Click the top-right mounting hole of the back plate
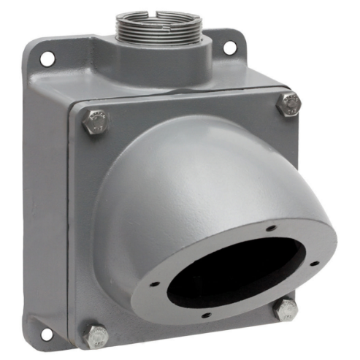coord(229,47)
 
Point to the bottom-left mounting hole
coord(46,332)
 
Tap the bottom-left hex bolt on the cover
coord(95,335)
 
